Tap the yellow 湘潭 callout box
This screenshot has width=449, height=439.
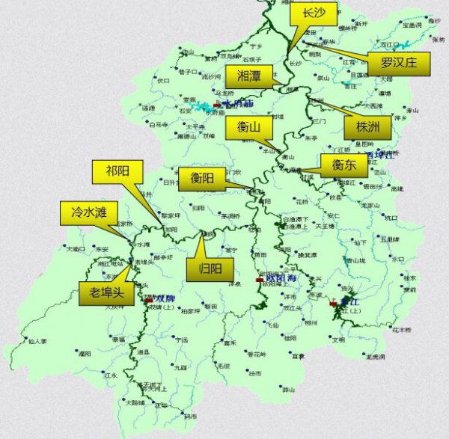[249, 76]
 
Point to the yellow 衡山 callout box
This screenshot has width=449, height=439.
[248, 128]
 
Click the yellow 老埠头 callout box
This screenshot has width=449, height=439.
[106, 293]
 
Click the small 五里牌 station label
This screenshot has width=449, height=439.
[391, 240]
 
